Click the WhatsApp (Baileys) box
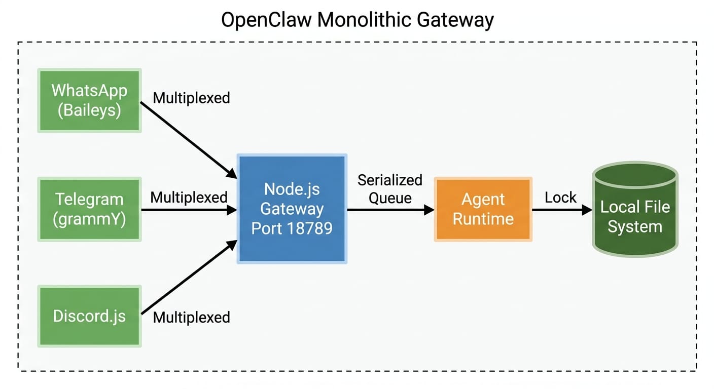coord(89,100)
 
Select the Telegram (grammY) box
coord(89,209)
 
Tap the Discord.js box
coord(89,316)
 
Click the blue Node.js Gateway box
coord(292,209)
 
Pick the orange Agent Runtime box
coord(483,209)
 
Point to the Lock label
coord(560,197)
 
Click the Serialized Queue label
coord(389,189)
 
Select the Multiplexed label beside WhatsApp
coord(191,98)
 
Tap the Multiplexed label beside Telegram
coord(189,197)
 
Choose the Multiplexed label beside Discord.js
coord(191,318)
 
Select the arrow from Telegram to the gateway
coord(189,209)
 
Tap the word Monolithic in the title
coord(364,20)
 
